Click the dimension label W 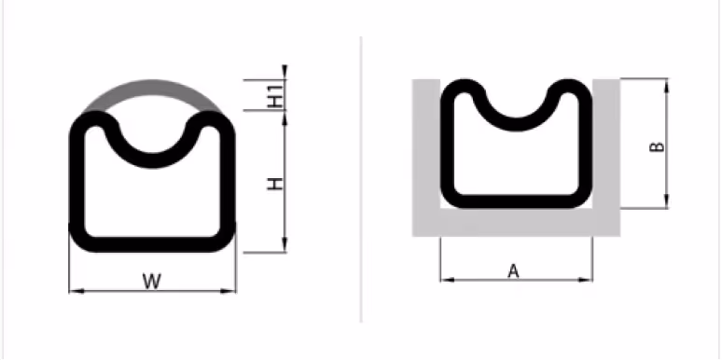152,282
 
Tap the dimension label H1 275,96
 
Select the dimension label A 513,270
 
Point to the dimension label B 657,146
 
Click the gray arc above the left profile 152,88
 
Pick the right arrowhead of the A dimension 585,280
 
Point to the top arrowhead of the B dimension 666,86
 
